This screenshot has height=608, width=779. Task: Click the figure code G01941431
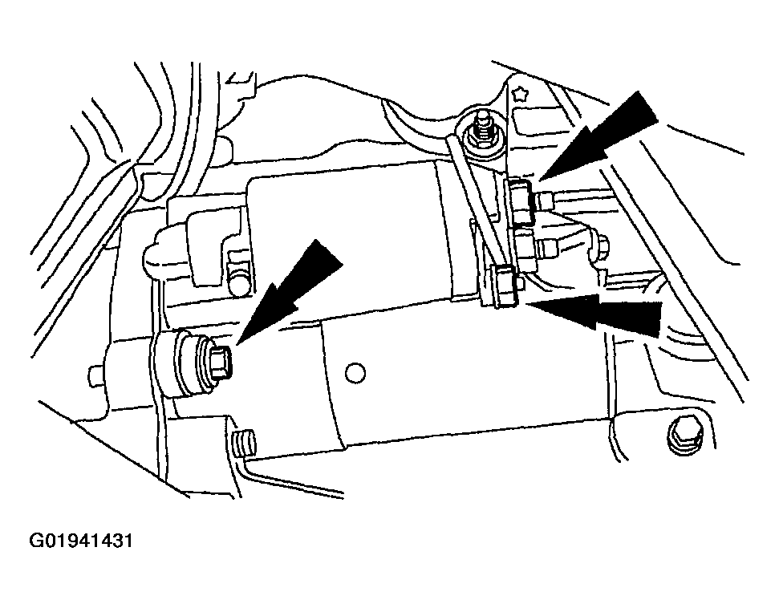[x=81, y=541]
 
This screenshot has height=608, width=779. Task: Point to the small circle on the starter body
[x=355, y=372]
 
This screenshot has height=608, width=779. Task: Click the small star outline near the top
[x=520, y=93]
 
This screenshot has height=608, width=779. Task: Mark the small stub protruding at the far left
[x=95, y=375]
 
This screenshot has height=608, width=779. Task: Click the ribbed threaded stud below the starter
[x=243, y=443]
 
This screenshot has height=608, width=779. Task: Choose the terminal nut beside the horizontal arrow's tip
[x=505, y=286]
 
